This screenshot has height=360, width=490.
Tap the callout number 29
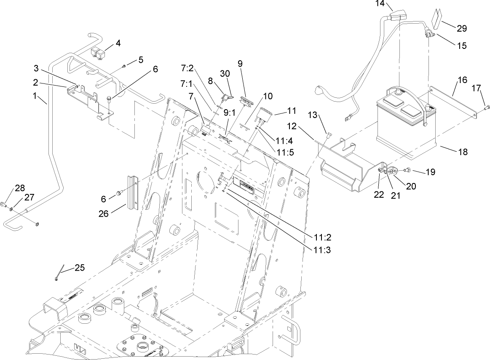462,28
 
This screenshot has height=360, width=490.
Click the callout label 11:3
322,250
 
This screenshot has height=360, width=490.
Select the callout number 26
104,213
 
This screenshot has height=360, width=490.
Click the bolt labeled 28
5,205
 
